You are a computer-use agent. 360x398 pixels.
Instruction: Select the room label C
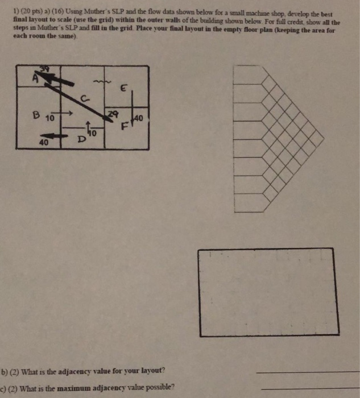tap(84, 97)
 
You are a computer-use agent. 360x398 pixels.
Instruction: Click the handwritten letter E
tap(123, 88)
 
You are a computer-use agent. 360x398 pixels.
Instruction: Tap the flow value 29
tap(113, 115)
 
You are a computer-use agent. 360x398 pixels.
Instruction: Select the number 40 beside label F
tap(138, 119)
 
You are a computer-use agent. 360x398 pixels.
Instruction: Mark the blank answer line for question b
tap(307, 372)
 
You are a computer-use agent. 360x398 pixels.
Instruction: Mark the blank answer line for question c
tap(307, 389)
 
